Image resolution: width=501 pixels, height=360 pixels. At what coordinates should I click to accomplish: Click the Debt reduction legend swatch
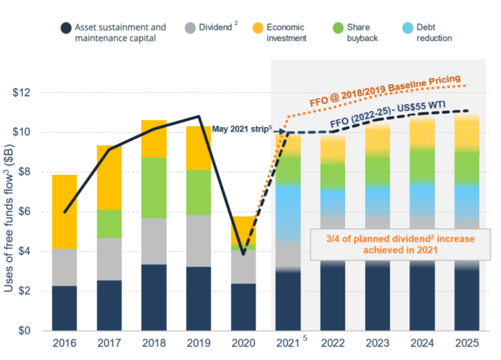point(406,28)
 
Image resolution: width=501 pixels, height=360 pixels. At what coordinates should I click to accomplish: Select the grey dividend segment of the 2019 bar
point(198,241)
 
